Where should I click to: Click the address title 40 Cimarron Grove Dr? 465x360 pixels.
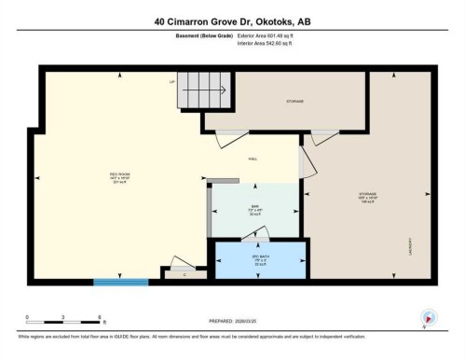pyautogui.click(x=232, y=21)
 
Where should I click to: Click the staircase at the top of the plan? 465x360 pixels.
pyautogui.click(x=203, y=91)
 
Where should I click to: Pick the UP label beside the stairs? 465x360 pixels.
pyautogui.click(x=172, y=82)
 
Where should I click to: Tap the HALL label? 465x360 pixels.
pyautogui.click(x=253, y=159)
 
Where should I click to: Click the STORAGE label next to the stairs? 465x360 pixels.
pyautogui.click(x=295, y=101)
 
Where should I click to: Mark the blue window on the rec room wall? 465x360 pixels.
pyautogui.click(x=119, y=280)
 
